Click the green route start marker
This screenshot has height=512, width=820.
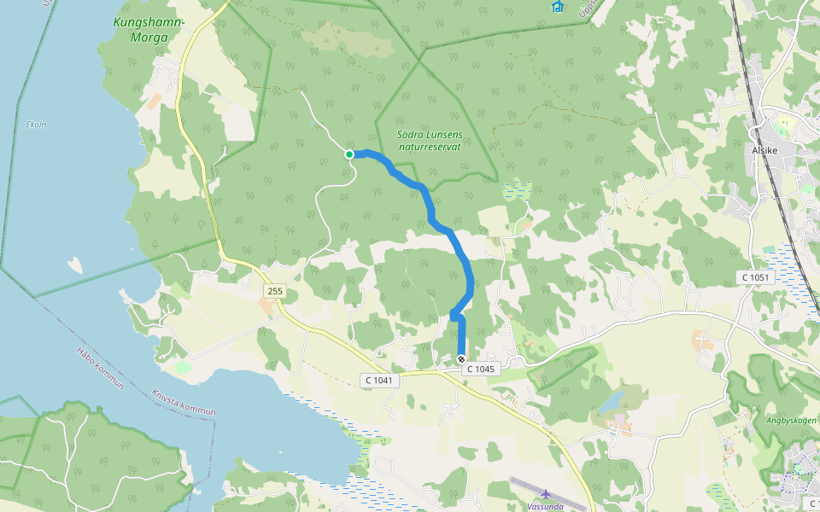click(349, 154)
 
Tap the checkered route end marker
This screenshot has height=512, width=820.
click(461, 359)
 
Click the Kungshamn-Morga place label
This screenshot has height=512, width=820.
click(147, 29)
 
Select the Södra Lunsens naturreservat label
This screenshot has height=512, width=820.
click(429, 141)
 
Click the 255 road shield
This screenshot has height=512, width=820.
click(274, 292)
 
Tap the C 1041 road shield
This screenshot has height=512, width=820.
click(378, 380)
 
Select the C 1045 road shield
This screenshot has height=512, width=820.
click(479, 369)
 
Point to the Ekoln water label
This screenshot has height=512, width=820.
click(36, 124)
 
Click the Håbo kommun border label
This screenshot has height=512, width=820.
click(101, 368)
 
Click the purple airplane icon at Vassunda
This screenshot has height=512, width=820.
click(546, 494)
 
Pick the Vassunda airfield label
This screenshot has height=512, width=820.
click(546, 506)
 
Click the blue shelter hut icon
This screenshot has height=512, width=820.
click(557, 6)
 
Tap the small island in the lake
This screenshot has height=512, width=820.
click(75, 265)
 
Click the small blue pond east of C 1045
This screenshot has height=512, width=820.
click(612, 401)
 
